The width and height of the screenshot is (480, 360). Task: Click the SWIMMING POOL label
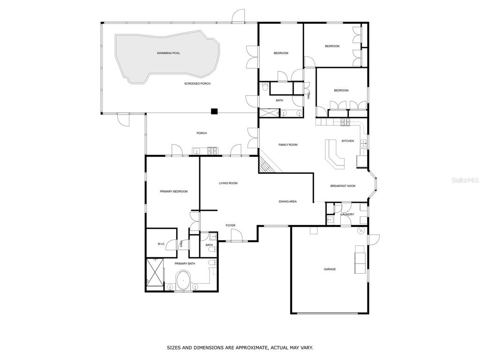pos(168,53)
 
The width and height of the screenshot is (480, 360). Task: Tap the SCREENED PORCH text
pos(197,83)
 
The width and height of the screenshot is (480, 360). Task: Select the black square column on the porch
pos(214,112)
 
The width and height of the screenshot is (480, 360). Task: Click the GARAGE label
pos(330,270)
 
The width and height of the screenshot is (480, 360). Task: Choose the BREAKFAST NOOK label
pos(343,186)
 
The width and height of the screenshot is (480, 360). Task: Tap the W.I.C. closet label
pos(161,244)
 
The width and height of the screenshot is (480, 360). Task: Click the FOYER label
pos(231,225)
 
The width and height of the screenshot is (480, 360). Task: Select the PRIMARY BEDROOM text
pos(173,192)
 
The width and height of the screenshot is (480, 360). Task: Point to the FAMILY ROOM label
pos(288,145)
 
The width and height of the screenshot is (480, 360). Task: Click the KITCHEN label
pos(348,141)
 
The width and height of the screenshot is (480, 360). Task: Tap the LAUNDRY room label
pos(347,215)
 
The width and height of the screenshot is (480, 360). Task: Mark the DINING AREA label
pos(288,202)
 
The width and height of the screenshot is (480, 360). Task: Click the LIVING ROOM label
pos(228,183)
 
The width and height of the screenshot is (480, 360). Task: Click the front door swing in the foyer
pos(236,236)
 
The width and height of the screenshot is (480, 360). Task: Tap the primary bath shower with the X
pos(155,273)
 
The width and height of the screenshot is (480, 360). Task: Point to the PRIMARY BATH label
pos(185,264)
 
